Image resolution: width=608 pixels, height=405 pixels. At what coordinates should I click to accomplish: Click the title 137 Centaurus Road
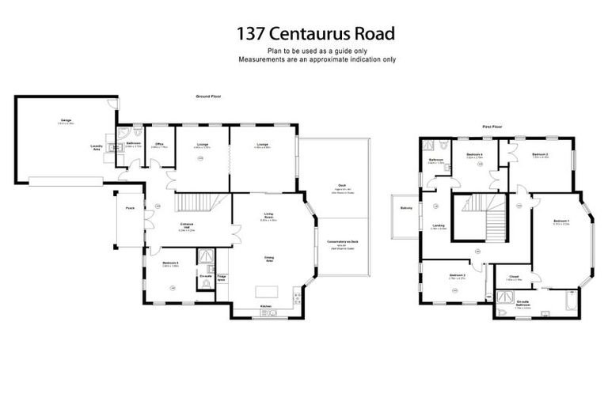(x=316, y=34)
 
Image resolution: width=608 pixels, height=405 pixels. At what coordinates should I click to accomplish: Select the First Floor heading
(x=493, y=126)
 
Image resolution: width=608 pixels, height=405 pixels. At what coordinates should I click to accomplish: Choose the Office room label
(x=159, y=145)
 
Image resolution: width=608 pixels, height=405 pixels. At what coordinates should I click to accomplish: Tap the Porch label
(x=128, y=208)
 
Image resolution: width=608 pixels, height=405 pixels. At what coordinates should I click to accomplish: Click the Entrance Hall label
(x=188, y=227)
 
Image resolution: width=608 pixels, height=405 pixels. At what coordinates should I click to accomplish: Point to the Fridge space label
(x=222, y=278)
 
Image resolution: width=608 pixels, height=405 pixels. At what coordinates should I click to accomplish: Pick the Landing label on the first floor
(x=439, y=225)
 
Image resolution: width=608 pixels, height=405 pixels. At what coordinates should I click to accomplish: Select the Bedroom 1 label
(x=561, y=221)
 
